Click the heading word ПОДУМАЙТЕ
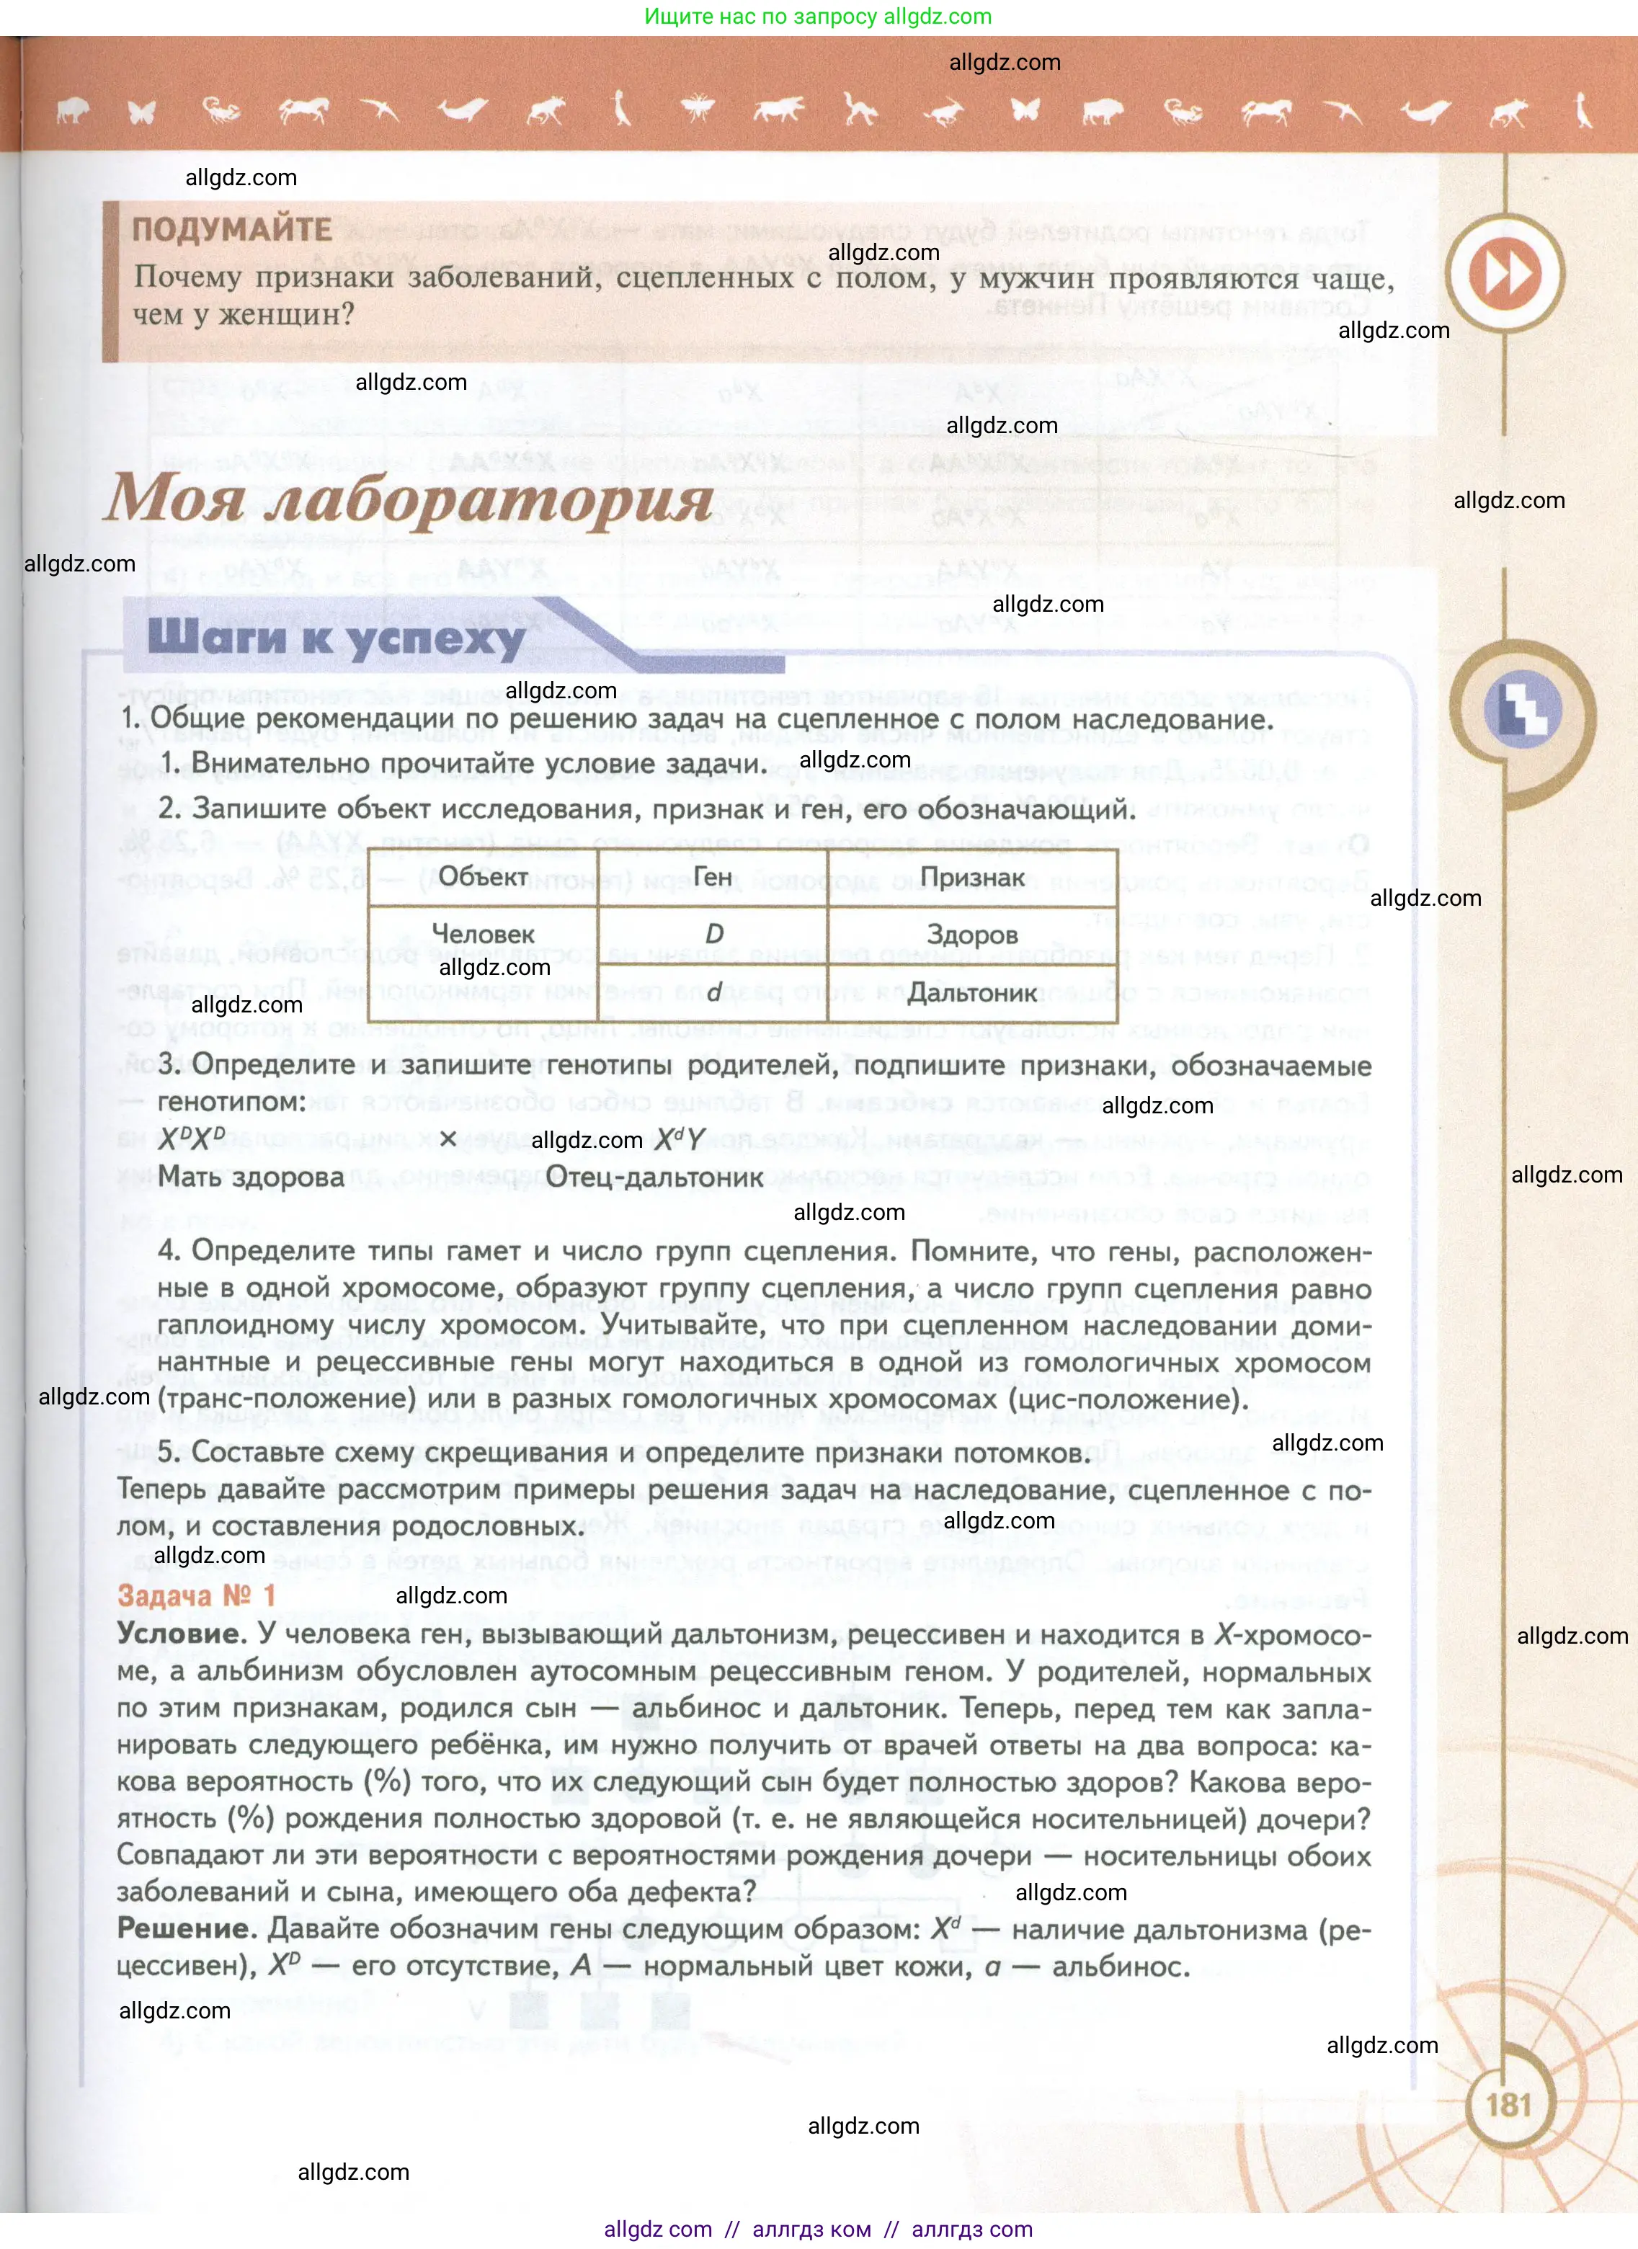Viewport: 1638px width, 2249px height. [232, 229]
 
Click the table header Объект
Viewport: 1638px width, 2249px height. [483, 876]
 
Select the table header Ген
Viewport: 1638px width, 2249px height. [712, 876]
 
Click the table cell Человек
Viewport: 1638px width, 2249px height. [483, 934]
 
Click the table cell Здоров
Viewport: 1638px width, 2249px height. [971, 934]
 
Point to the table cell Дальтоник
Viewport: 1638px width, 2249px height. [971, 992]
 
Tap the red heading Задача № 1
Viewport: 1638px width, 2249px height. [196, 1595]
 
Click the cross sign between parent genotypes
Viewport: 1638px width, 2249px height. [448, 1139]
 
